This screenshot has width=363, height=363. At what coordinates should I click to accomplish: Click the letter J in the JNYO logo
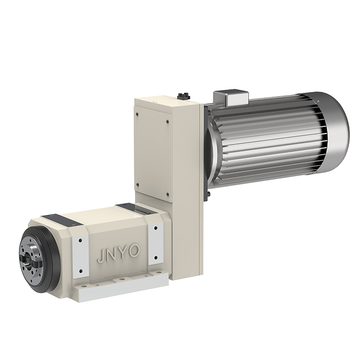100,257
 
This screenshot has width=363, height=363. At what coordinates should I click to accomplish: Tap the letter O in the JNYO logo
134,250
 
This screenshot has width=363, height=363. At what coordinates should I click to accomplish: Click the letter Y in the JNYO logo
122,253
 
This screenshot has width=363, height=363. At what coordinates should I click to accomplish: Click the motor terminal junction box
231,98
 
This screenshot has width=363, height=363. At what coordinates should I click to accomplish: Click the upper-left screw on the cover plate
137,114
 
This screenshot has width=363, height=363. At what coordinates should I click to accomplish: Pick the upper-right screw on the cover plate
167,121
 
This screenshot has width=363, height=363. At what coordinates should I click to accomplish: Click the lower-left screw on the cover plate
137,185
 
